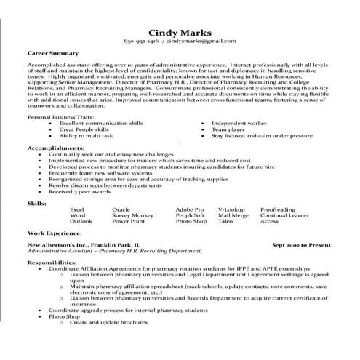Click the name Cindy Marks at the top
click(180, 32)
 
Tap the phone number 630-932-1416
click(141, 42)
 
